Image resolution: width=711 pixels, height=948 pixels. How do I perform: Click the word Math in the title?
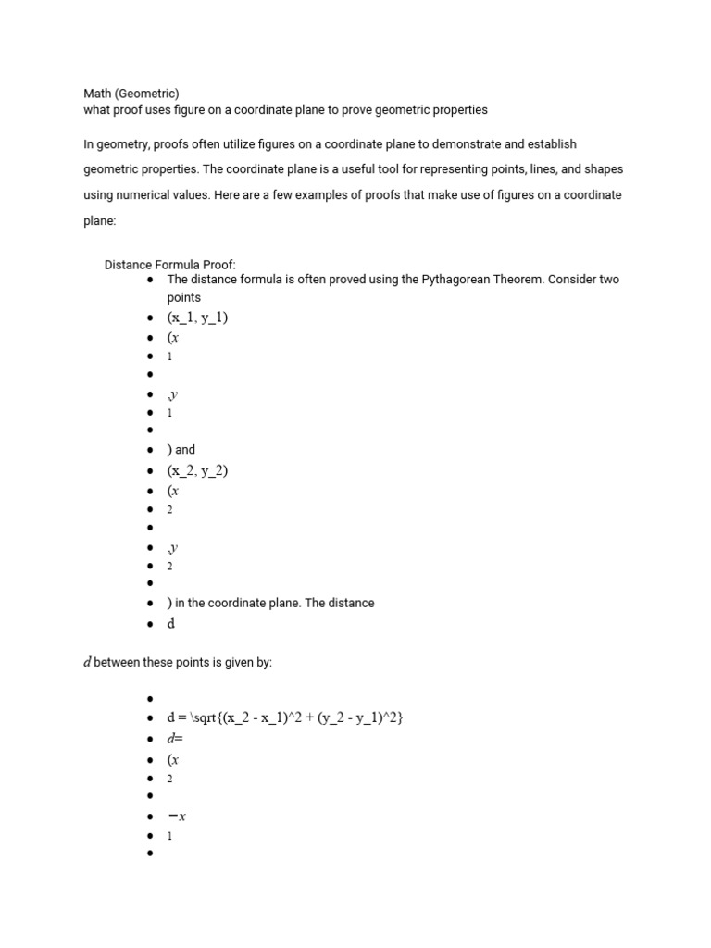coord(97,93)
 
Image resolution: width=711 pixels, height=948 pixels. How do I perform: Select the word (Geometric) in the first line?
coord(147,93)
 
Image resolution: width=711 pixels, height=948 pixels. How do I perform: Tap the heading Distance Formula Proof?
coord(170,264)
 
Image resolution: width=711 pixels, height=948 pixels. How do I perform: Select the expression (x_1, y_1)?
coord(197,318)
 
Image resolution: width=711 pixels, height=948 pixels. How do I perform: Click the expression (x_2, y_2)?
coord(197,470)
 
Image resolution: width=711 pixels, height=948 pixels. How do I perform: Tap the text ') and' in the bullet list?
coord(181,450)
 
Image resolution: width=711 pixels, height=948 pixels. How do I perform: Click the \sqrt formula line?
coord(285,717)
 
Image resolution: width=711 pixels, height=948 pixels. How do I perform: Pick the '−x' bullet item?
coord(178,816)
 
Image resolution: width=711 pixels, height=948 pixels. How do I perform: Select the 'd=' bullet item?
coord(175,738)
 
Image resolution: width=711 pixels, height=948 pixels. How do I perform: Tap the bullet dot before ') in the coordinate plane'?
coord(150,604)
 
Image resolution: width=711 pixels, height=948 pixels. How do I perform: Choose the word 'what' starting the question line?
coord(96,109)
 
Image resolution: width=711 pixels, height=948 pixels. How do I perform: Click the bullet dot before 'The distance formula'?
coord(150,280)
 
